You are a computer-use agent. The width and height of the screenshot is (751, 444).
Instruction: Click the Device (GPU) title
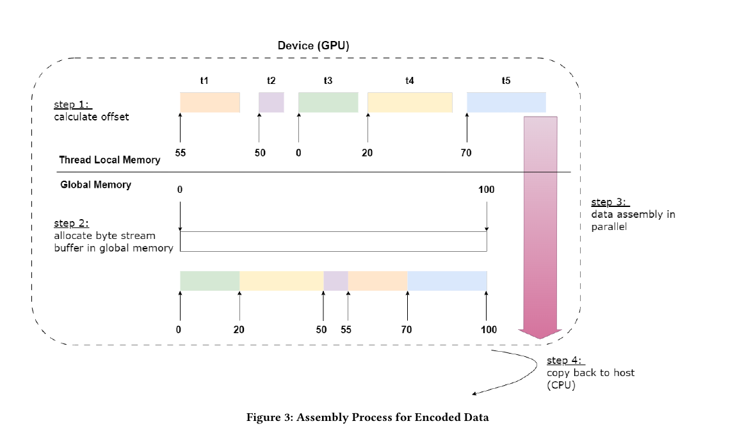pyautogui.click(x=313, y=45)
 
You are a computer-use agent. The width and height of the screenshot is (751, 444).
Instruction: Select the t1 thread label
pyautogui.click(x=204, y=81)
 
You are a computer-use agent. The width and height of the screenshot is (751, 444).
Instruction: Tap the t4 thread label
pyautogui.click(x=410, y=81)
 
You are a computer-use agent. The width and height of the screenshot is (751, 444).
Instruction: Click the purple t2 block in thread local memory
pyautogui.click(x=271, y=103)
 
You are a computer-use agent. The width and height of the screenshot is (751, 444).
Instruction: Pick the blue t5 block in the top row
pyautogui.click(x=506, y=103)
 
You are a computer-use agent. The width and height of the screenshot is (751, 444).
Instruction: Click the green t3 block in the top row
pyautogui.click(x=328, y=103)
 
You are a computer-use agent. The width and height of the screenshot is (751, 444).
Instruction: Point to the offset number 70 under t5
pyautogui.click(x=466, y=153)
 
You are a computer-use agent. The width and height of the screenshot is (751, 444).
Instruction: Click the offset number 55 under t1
pyautogui.click(x=180, y=153)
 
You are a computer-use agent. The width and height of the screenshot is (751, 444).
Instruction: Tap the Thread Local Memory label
pyautogui.click(x=109, y=160)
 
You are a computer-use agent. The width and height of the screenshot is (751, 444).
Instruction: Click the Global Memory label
pyautogui.click(x=96, y=185)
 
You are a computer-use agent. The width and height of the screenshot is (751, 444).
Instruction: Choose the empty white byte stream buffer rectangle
pyautogui.click(x=334, y=241)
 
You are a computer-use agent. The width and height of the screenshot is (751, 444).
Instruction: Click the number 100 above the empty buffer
pyautogui.click(x=486, y=190)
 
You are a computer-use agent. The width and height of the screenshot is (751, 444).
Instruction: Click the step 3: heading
pyautogui.click(x=609, y=202)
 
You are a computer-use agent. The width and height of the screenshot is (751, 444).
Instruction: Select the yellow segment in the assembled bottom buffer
pyautogui.click(x=282, y=281)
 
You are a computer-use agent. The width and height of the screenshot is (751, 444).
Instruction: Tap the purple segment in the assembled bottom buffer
pyautogui.click(x=335, y=281)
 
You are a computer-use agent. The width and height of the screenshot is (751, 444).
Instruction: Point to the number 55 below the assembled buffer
pyautogui.click(x=346, y=329)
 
